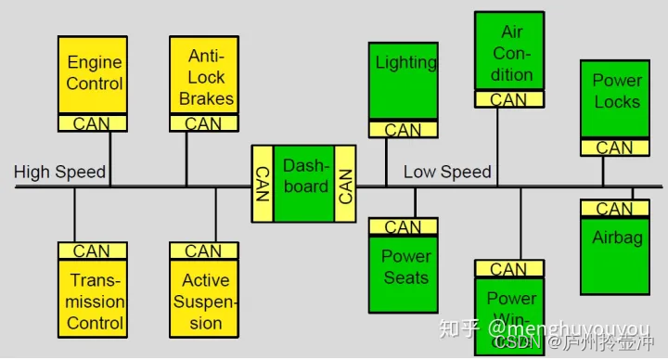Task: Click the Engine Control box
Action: click(x=93, y=74)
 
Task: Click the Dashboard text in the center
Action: click(x=305, y=175)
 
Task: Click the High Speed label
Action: click(x=59, y=172)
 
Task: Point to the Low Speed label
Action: click(x=447, y=172)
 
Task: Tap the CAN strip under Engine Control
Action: click(x=93, y=123)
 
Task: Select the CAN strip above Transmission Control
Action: click(x=93, y=251)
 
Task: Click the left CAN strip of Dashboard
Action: click(x=263, y=184)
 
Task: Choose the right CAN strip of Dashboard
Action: click(x=346, y=184)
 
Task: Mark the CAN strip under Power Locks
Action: click(x=614, y=147)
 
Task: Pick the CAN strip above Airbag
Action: click(x=614, y=209)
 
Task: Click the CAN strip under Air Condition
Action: click(x=509, y=99)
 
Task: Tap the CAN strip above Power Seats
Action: click(x=404, y=226)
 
